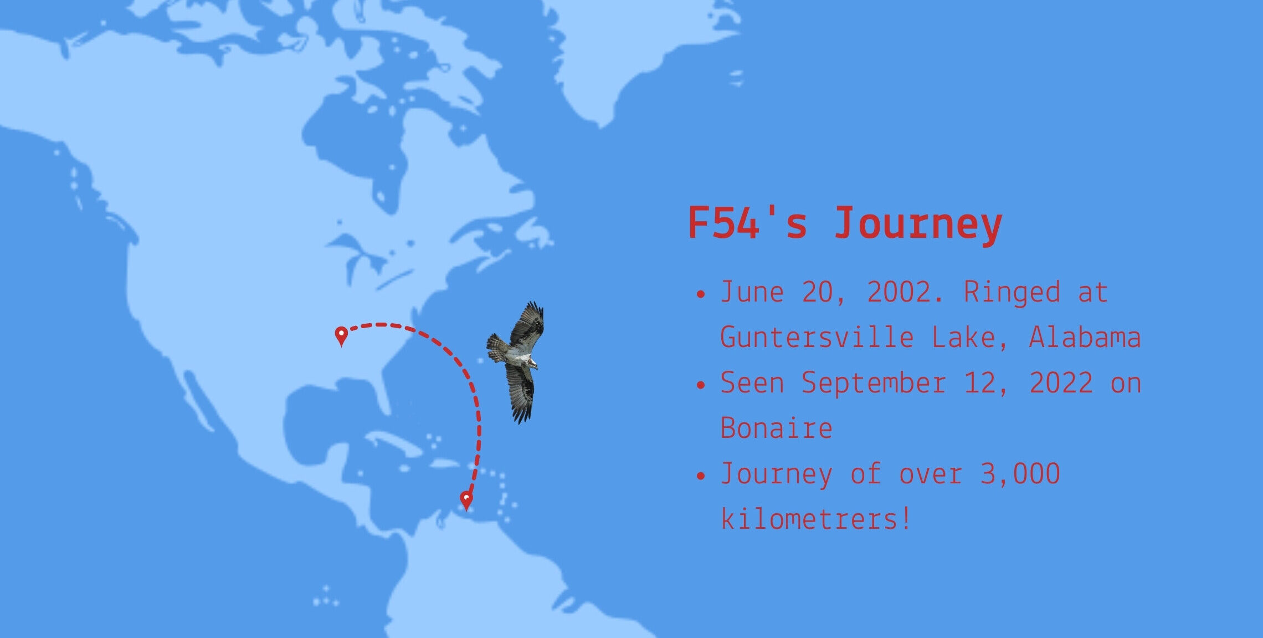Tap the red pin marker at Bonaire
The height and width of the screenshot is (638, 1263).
[x=466, y=501]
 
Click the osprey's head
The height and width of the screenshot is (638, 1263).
[x=532, y=363]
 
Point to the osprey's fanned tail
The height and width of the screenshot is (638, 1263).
[x=497, y=348]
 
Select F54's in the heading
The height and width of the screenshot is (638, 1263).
[x=747, y=222]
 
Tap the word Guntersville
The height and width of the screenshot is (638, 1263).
[x=817, y=337]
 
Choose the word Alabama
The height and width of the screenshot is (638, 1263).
[x=1085, y=337]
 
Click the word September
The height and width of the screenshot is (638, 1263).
[x=874, y=382]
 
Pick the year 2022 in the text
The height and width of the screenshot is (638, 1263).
[x=1061, y=382]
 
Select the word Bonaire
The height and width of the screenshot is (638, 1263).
[x=776, y=428]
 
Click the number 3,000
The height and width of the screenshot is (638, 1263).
[x=1020, y=474]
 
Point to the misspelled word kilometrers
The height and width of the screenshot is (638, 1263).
[x=815, y=519]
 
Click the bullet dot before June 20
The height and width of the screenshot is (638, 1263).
[x=701, y=294]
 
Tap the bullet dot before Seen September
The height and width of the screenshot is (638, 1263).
[x=701, y=385]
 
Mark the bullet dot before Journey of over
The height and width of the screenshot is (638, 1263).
[x=701, y=476]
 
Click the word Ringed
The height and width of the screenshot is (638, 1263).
[x=1012, y=293]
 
